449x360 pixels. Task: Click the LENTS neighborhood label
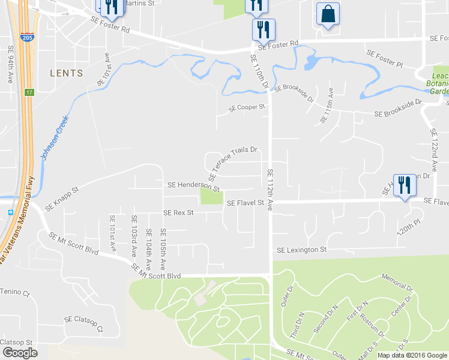point(66,73)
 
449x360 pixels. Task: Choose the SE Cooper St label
point(246,108)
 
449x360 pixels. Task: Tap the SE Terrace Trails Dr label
point(233,163)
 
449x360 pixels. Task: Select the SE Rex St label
point(178,213)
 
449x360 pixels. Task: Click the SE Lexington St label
point(301,250)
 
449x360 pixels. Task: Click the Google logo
point(20,353)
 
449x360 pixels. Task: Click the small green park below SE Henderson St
point(211,196)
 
